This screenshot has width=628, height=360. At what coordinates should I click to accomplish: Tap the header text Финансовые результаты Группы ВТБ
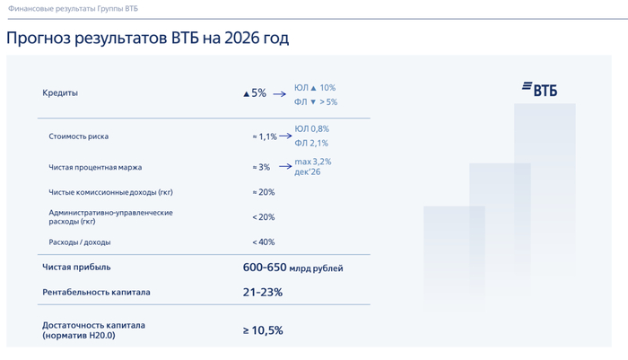(x=73, y=8)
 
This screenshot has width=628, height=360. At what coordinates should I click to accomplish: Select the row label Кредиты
(x=60, y=93)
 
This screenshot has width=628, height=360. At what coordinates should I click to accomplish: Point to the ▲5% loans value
(x=255, y=93)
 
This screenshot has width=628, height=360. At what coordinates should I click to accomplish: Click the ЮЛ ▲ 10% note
(x=315, y=88)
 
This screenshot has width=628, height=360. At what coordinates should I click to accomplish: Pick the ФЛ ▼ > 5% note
(x=316, y=102)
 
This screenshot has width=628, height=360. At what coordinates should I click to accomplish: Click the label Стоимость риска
(x=78, y=136)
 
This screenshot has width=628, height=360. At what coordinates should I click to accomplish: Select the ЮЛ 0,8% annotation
(x=311, y=129)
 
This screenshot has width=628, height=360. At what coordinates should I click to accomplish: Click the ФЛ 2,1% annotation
(x=311, y=143)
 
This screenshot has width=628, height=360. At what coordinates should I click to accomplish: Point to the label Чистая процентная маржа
(x=95, y=167)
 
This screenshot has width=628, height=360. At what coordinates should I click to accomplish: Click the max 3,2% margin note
(x=312, y=162)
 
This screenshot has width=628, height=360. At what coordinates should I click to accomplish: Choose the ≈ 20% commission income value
(x=264, y=192)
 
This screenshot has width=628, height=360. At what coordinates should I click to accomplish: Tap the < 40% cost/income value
(x=264, y=242)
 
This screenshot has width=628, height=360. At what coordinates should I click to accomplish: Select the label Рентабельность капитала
(x=96, y=293)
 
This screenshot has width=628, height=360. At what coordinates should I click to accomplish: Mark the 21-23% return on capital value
(x=263, y=293)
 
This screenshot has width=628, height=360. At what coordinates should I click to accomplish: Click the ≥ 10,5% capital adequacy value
(x=263, y=330)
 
